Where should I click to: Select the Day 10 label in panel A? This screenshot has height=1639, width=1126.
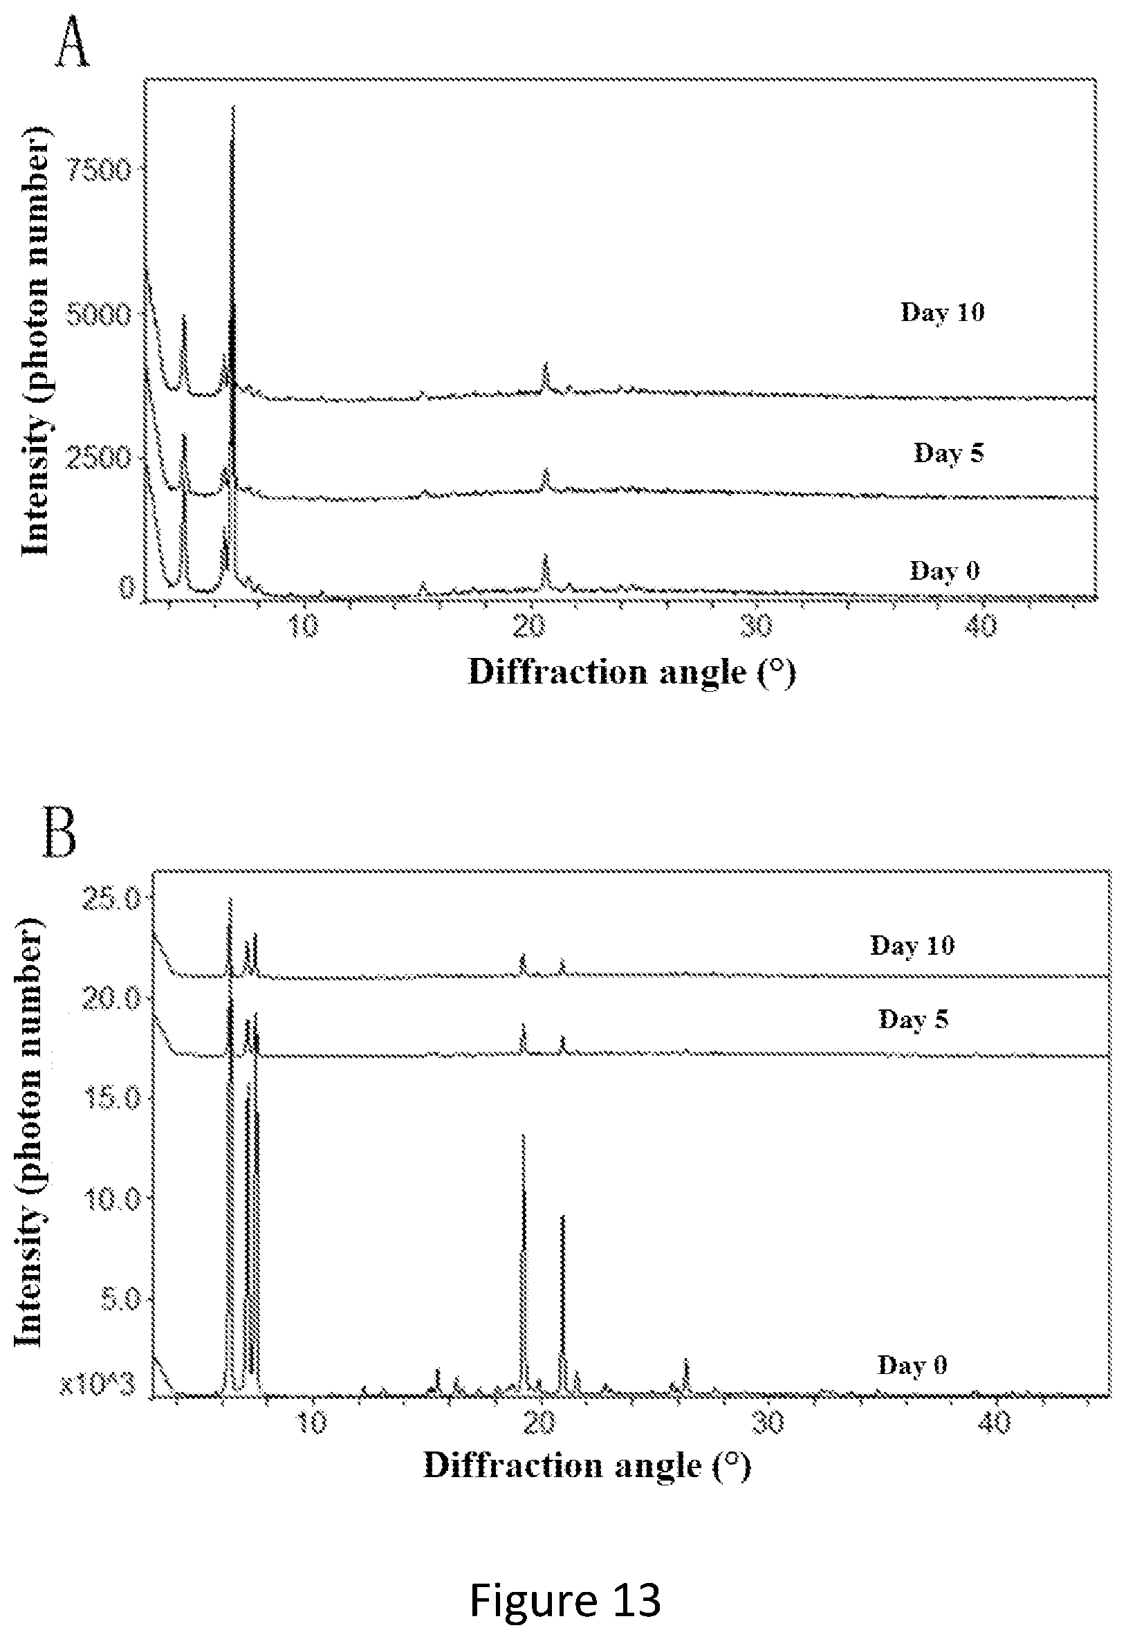click(x=943, y=312)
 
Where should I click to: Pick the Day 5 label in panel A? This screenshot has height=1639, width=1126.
click(x=948, y=452)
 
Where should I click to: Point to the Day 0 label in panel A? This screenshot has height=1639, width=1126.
click(x=945, y=570)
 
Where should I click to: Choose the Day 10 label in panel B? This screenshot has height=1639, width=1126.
click(x=912, y=946)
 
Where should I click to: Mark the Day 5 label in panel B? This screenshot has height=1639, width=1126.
click(x=913, y=1019)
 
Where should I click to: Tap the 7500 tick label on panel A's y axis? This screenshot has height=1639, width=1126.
click(x=98, y=170)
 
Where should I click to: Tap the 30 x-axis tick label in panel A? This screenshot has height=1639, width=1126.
click(x=755, y=626)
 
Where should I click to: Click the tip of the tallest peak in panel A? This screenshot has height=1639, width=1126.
click(x=233, y=106)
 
